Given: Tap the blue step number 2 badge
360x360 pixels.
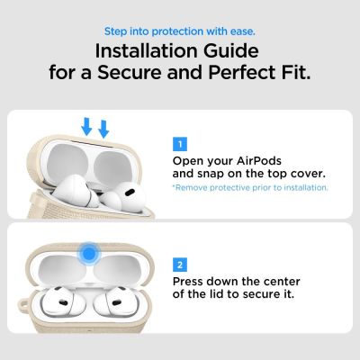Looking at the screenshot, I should [x=179, y=265].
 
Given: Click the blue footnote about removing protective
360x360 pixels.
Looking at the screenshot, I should [x=249, y=187].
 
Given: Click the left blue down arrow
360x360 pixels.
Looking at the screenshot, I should [x=86, y=126].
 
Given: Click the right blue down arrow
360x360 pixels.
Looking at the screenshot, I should [x=104, y=129].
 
